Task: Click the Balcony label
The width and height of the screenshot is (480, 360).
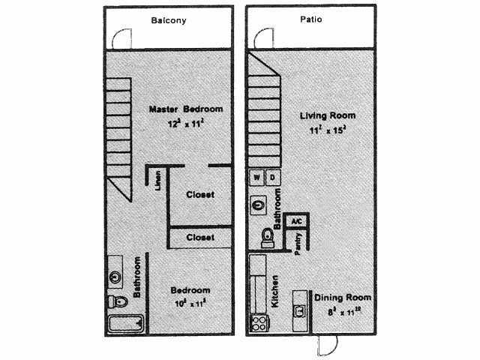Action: point(169,20)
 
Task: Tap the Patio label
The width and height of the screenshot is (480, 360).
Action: point(311,19)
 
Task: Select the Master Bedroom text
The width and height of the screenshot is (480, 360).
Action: point(185,109)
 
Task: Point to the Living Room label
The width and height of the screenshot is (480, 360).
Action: point(328,116)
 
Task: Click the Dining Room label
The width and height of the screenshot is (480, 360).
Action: point(343,298)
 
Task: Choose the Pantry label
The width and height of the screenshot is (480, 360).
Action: point(298,244)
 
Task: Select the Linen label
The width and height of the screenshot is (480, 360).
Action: point(157,182)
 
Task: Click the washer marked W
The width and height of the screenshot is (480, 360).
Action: point(257,178)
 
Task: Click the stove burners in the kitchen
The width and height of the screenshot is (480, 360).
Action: point(259,324)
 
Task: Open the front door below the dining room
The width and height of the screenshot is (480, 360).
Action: point(326,344)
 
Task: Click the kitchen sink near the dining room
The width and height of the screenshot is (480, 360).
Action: point(301,309)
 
